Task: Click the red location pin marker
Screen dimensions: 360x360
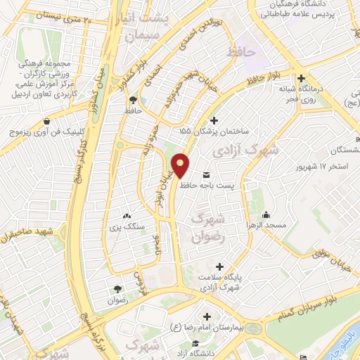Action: tap(181, 165)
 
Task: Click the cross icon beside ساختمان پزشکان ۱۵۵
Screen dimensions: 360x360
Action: tap(214, 120)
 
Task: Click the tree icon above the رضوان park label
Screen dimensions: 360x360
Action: tap(117, 288)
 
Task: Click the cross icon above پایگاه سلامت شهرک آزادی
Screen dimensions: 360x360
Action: tap(220, 266)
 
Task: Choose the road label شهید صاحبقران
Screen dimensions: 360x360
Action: tap(27, 233)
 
